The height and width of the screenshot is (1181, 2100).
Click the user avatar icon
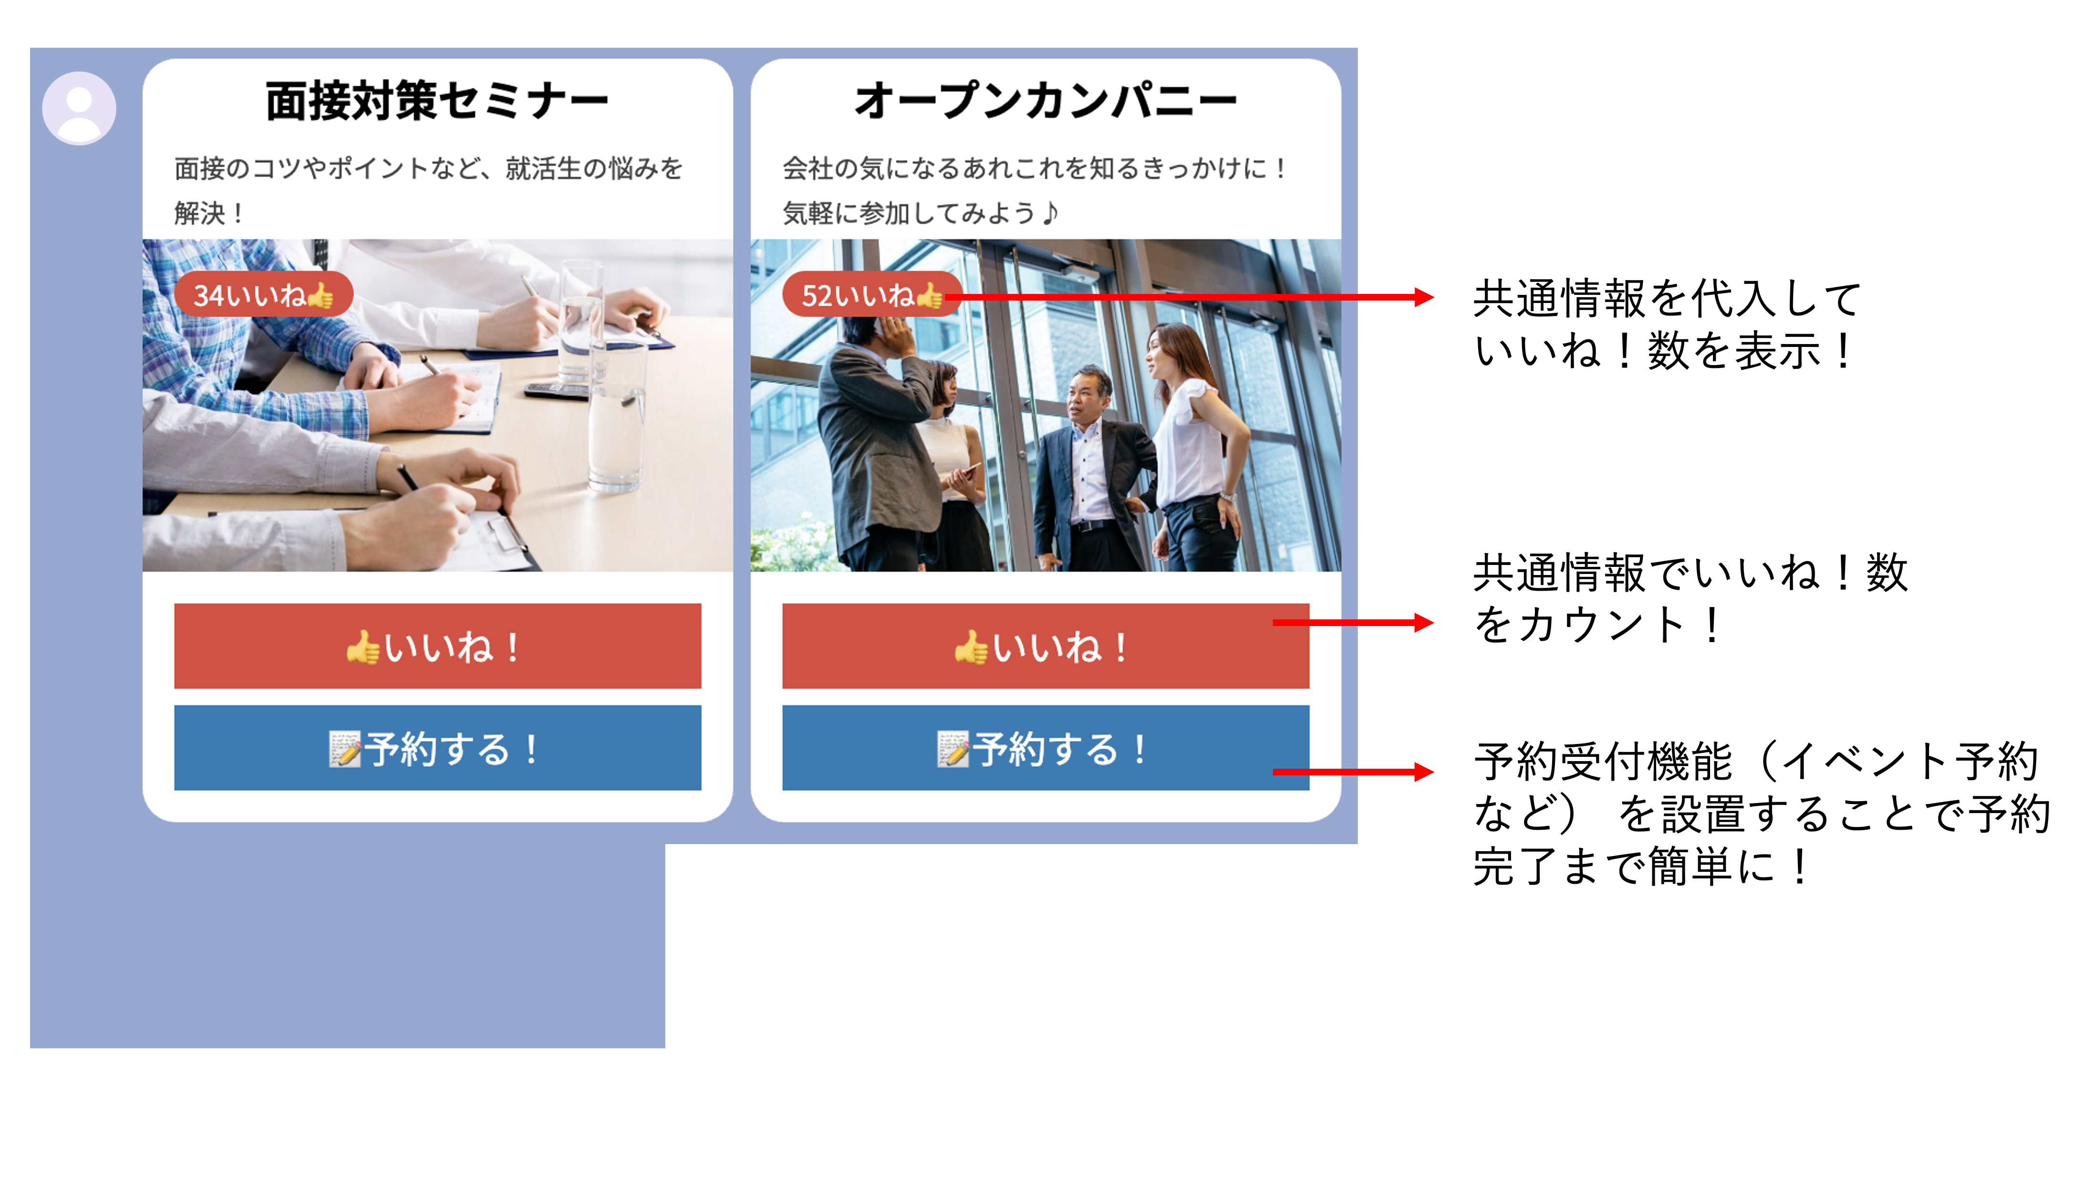click(79, 107)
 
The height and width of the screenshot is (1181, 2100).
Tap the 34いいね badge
click(263, 294)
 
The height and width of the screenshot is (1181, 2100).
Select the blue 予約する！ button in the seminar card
click(438, 747)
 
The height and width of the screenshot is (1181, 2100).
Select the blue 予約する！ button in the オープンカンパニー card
click(1046, 747)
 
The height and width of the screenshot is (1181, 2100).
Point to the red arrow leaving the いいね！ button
click(1353, 623)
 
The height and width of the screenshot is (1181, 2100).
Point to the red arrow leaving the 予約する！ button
click(1353, 771)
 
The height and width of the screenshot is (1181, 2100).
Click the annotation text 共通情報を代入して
click(1667, 298)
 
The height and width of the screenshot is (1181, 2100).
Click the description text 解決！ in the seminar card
click(209, 214)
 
